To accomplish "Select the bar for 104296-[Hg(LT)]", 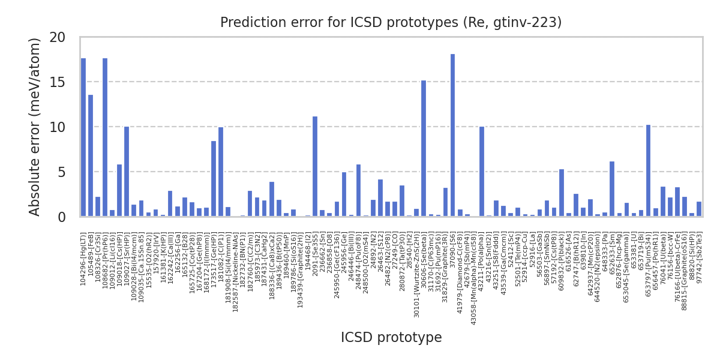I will click(83, 137).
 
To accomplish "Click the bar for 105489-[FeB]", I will click(91, 155).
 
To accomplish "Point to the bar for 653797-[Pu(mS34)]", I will click(648, 170).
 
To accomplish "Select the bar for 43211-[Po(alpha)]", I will click(482, 172).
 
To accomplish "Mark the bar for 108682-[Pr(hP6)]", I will click(105, 137).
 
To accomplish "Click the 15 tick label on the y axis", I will click(58, 82).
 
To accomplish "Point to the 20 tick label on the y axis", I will click(58, 37).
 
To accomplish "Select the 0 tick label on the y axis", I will click(62, 217).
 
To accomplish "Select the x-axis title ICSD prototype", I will click(391, 338).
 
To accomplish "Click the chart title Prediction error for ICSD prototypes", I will click(391, 23).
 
